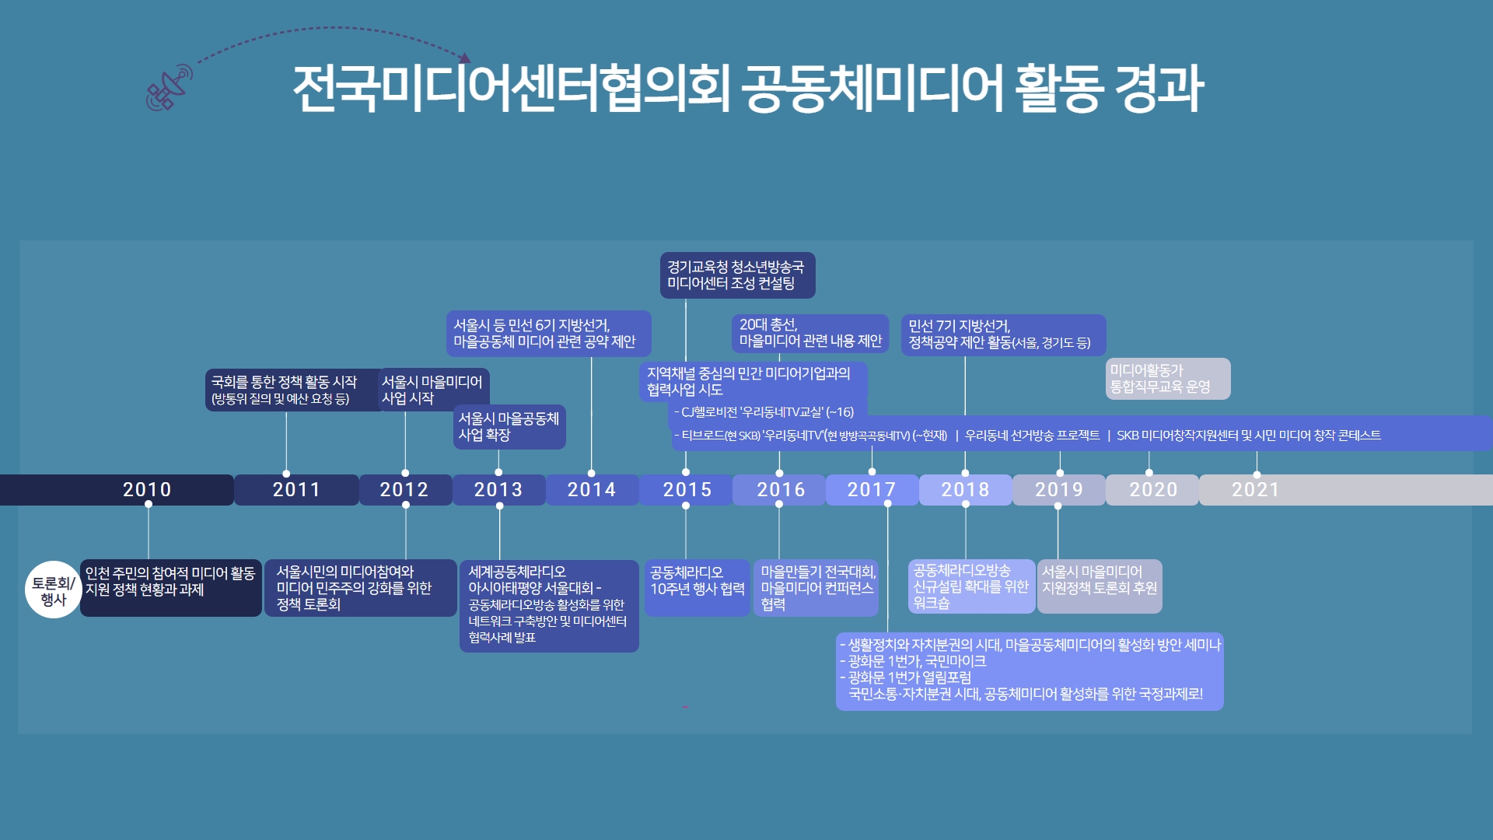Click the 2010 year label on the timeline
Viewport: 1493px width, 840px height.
pos(147,490)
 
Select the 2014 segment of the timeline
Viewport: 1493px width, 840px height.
pos(592,490)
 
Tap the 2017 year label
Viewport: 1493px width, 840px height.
pos(872,490)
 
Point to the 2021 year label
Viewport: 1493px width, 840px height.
pos(1256,490)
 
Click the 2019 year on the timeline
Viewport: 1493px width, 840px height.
pos(1059,490)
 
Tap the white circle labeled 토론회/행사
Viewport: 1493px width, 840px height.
pos(54,590)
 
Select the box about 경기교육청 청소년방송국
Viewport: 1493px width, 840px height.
pos(738,275)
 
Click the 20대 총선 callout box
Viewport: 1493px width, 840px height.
pos(810,334)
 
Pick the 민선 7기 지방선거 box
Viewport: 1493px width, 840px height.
pos(1004,335)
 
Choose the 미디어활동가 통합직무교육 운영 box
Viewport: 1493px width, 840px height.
pos(1168,379)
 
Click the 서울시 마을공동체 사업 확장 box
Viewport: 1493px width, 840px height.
pos(509,427)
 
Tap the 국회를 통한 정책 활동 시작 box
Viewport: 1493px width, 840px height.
pos(294,390)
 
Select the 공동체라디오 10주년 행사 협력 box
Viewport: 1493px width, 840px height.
pos(698,588)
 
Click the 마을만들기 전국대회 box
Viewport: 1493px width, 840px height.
pos(816,588)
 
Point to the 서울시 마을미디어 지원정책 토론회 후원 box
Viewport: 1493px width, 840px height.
pos(1100,586)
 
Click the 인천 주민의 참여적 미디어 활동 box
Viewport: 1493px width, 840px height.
pos(171,588)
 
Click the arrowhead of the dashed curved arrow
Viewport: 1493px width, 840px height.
pos(465,58)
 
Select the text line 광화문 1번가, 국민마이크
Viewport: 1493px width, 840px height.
pos(913,661)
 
